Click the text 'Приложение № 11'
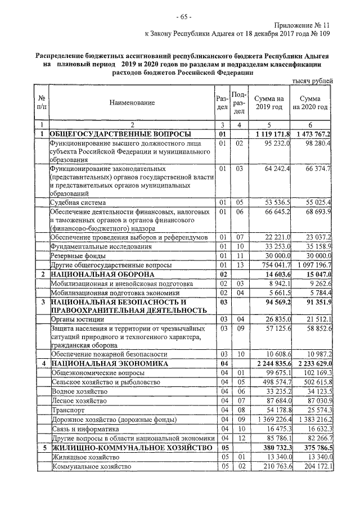pos(303,25)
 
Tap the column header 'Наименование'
pos(132,103)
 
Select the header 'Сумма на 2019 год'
pos(269,103)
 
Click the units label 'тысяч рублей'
pos(313,81)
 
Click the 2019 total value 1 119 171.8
pos(272,134)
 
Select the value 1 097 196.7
pos(310,264)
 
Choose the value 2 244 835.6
pos(271,364)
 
